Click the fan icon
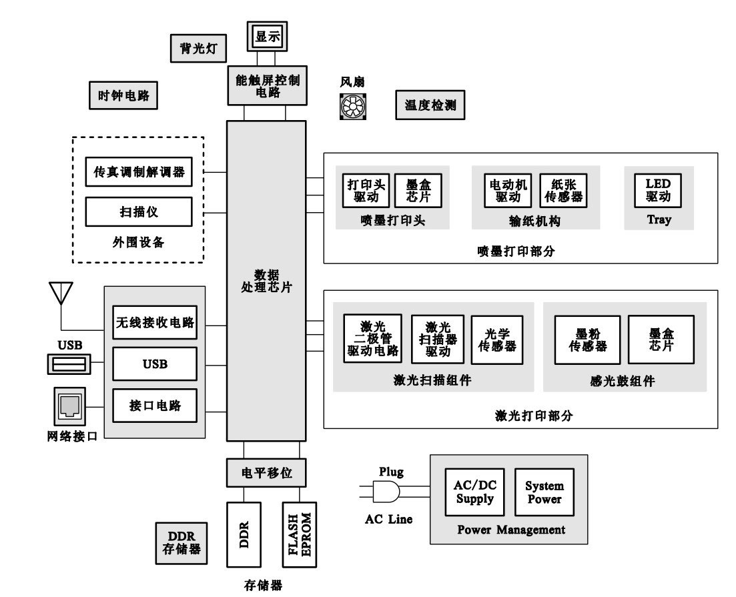point(352,105)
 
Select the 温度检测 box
point(430,105)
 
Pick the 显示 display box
point(267,38)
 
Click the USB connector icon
point(68,364)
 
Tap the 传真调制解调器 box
point(139,172)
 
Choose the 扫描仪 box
point(139,212)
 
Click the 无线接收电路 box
point(154,323)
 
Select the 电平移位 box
point(267,474)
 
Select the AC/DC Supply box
point(474,492)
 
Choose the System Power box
point(544,492)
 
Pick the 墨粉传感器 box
point(587,340)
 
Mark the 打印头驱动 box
point(363,190)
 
